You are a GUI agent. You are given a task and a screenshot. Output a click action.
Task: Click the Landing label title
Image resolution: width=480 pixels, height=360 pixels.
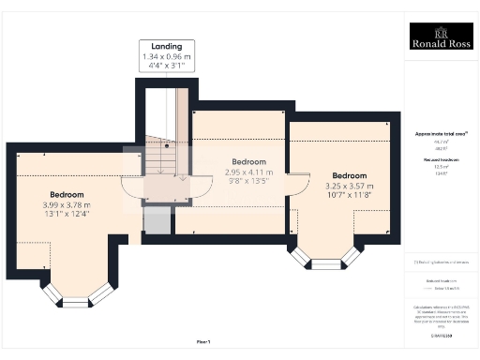tap(168, 46)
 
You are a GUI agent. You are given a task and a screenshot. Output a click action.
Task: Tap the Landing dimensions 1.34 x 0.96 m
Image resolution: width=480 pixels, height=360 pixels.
tap(168, 56)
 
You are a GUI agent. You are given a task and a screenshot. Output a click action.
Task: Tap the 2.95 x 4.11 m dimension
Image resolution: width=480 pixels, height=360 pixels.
tap(249, 172)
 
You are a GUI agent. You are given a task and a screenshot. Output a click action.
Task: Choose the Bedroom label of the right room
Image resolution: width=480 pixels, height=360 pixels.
tap(348, 175)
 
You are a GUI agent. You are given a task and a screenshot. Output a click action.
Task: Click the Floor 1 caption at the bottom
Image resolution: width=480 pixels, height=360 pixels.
tap(203, 342)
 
